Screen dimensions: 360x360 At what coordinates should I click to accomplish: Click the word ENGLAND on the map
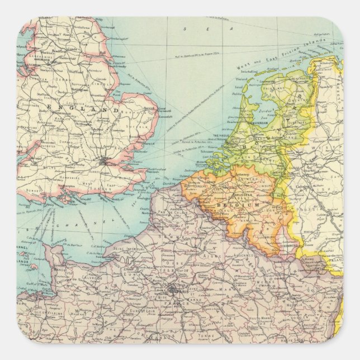pyautogui.click(x=84, y=108)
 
